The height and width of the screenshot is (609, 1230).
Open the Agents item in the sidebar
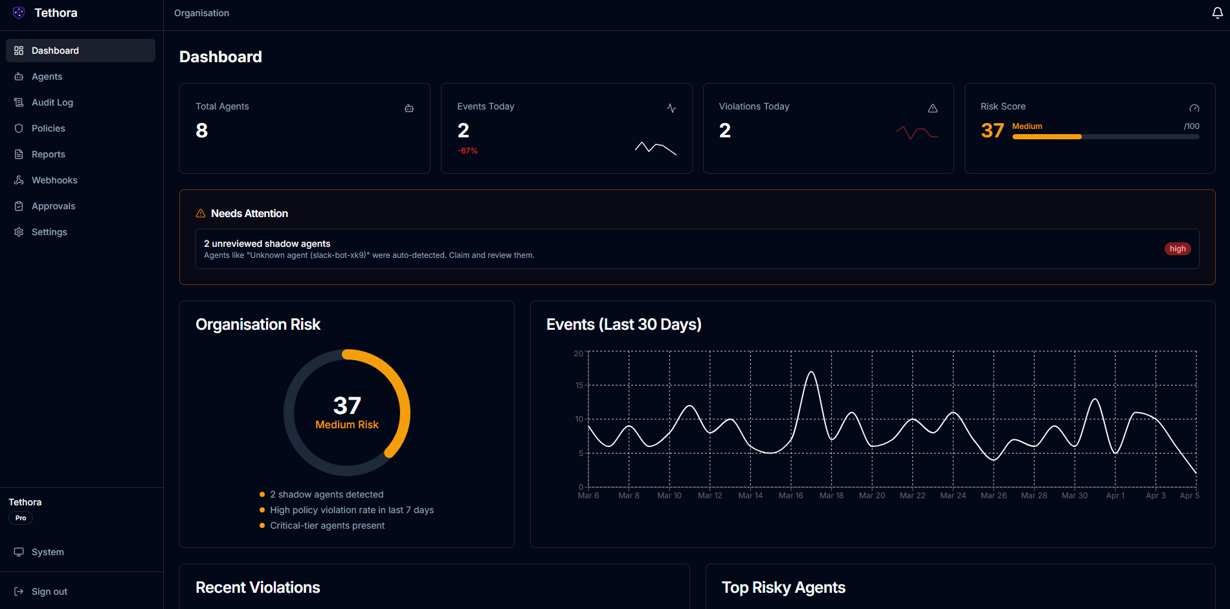(x=47, y=76)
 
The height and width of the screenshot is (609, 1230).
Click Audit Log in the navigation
(x=52, y=102)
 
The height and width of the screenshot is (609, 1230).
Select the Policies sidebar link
(x=48, y=128)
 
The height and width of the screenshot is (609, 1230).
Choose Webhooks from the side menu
(x=54, y=180)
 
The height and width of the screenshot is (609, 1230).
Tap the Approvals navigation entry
(x=53, y=206)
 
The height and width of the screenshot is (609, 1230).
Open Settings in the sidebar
(x=49, y=232)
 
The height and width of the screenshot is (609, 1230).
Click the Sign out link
(x=49, y=592)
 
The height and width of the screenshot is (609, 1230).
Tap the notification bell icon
(x=1217, y=13)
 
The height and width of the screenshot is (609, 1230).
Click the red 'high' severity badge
(x=1178, y=249)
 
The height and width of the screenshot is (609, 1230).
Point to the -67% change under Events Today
(x=467, y=151)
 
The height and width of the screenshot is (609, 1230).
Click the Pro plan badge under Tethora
(x=21, y=518)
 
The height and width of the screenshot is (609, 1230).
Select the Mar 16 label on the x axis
(x=790, y=496)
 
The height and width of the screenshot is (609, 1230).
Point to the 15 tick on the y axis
(x=579, y=385)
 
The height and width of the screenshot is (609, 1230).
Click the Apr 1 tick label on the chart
(x=1115, y=496)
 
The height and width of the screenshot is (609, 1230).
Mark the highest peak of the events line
(x=811, y=372)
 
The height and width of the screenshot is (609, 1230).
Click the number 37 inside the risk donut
(x=347, y=406)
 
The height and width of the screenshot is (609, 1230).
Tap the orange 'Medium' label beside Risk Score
(x=1027, y=126)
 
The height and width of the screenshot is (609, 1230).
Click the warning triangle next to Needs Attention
(x=201, y=213)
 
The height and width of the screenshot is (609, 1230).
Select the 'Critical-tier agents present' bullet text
(x=327, y=525)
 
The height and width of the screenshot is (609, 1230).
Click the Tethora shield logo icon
(x=19, y=13)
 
